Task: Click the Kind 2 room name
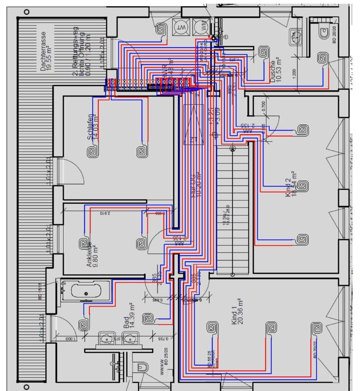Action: tap(288, 192)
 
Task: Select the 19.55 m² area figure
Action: tap(50, 52)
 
